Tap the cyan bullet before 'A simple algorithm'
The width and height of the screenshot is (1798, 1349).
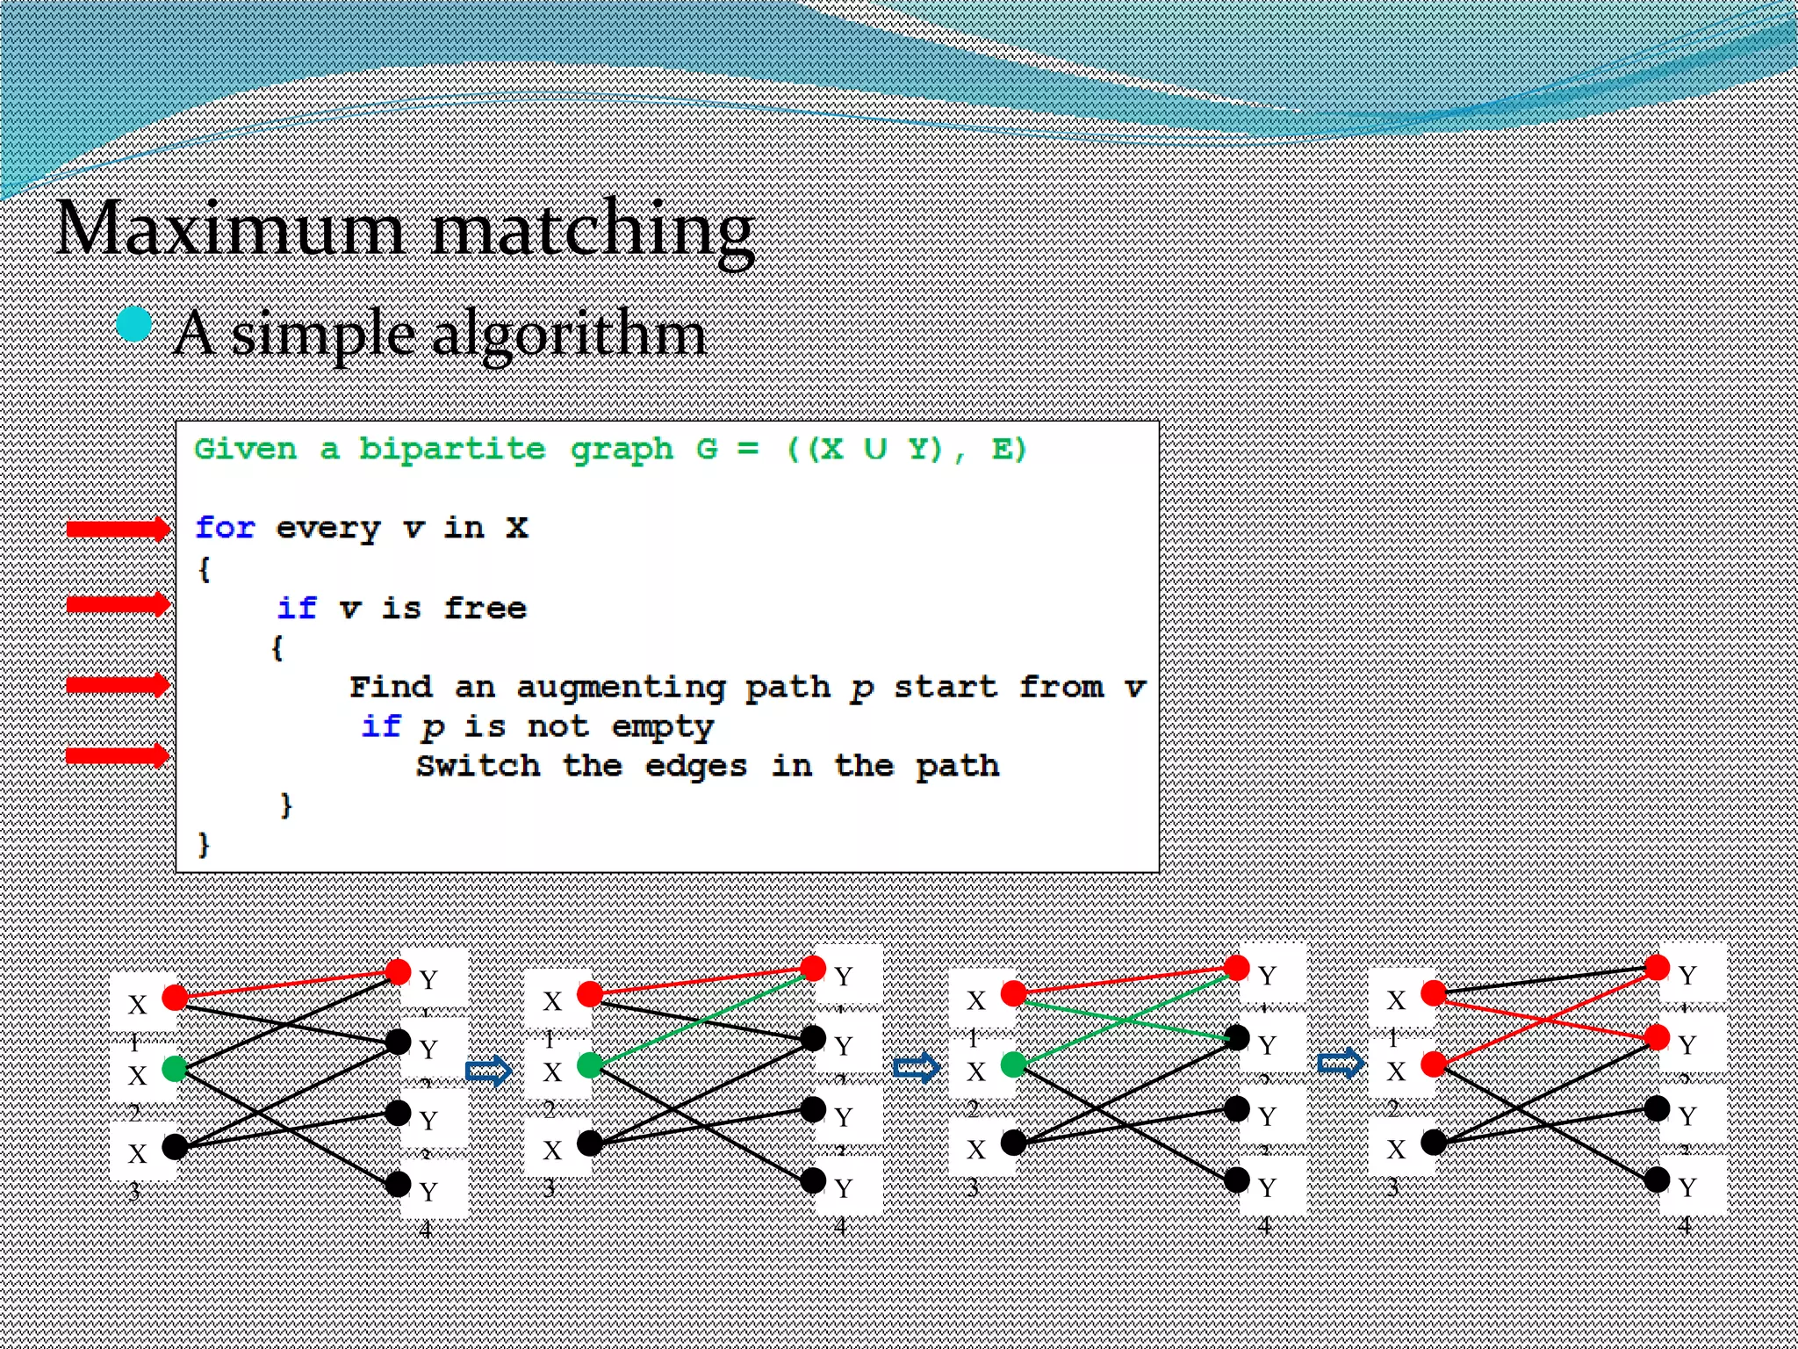pos(134,324)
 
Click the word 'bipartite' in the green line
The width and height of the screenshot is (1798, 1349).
pos(452,449)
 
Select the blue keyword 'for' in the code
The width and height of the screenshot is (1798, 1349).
pos(225,528)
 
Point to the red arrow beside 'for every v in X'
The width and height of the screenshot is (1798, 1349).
pos(118,528)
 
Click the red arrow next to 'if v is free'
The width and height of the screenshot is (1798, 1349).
pos(118,604)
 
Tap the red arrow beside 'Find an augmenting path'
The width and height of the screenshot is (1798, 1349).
pos(118,684)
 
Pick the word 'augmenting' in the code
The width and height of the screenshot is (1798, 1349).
pos(621,688)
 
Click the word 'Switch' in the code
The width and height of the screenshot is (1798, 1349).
pos(478,766)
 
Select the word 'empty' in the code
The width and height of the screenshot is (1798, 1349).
pos(662,727)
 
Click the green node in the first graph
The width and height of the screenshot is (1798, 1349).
pos(175,1068)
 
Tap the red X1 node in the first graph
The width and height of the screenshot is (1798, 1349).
pos(175,997)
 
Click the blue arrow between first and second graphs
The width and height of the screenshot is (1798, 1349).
pos(488,1071)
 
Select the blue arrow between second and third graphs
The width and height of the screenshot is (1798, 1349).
pos(916,1068)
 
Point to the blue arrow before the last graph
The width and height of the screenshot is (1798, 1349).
pos(1341,1064)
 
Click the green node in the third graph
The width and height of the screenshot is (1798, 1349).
pos(1013,1064)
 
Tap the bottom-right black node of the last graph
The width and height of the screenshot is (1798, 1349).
pos(1657,1179)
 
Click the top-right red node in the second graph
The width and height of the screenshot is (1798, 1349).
pos(813,968)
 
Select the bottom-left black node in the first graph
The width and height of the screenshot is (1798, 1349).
pos(175,1146)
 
